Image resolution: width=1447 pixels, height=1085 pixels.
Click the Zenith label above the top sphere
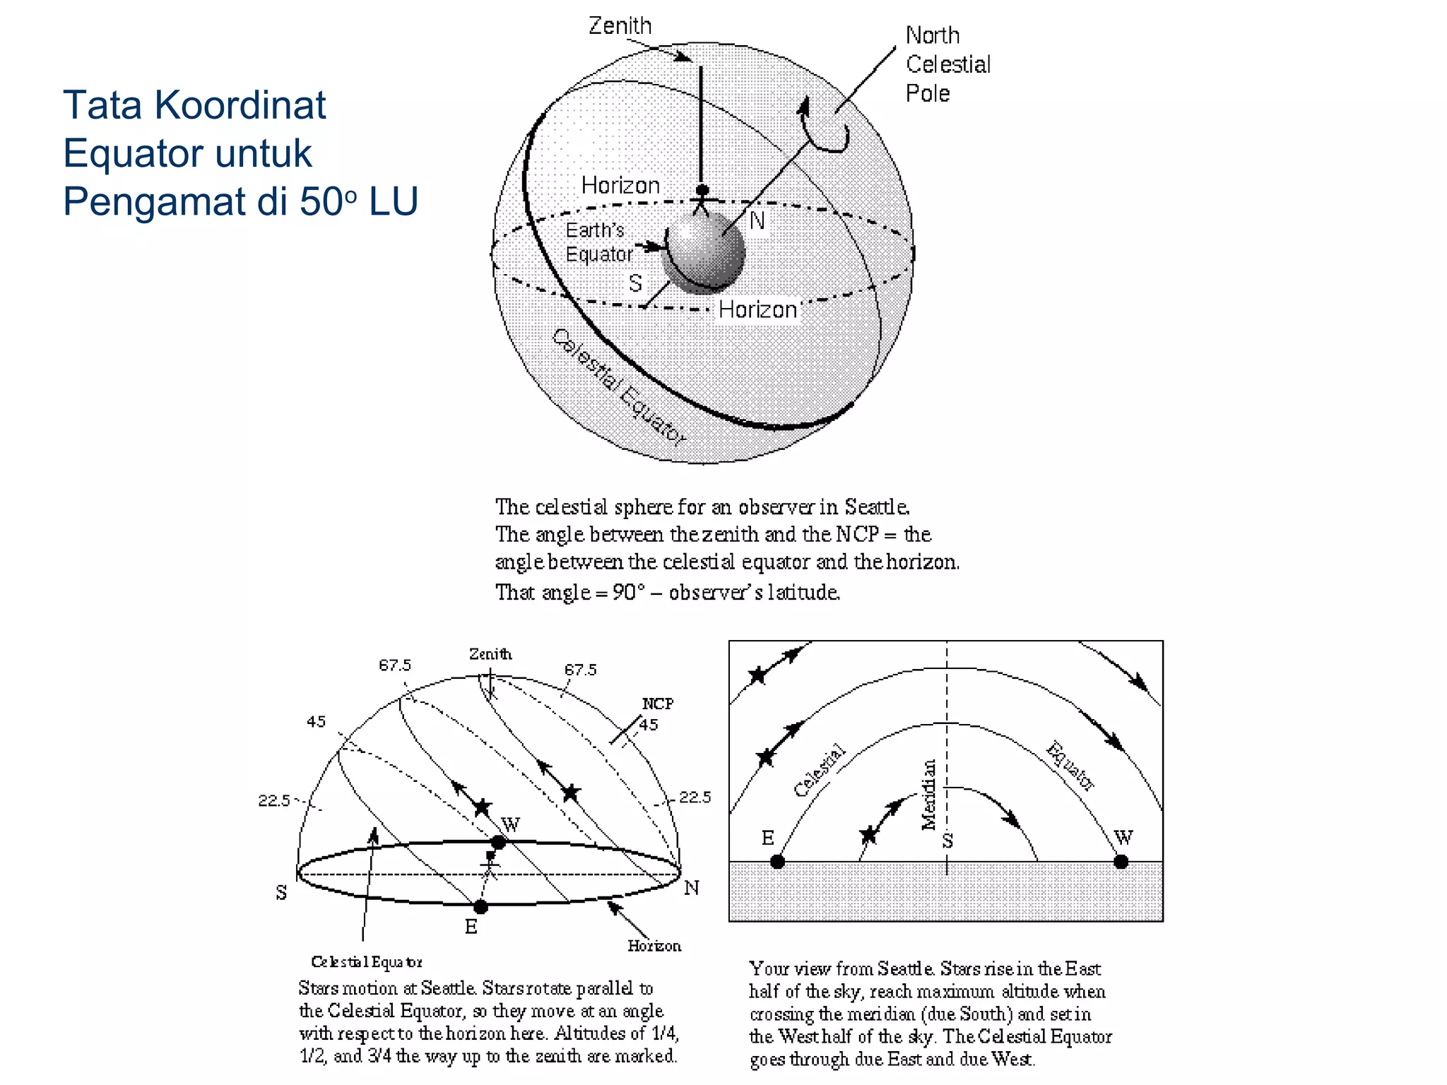(x=620, y=26)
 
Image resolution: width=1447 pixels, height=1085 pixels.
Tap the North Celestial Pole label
(x=947, y=64)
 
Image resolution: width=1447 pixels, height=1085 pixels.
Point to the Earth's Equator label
(x=598, y=242)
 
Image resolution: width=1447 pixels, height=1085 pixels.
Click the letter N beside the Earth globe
(x=757, y=221)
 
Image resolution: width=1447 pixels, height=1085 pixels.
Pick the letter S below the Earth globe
(x=635, y=283)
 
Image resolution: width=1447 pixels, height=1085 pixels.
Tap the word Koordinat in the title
(x=240, y=105)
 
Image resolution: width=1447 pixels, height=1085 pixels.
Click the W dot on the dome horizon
(x=498, y=842)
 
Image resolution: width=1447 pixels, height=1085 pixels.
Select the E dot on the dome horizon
(x=480, y=906)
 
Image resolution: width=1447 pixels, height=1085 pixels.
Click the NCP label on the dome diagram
(x=657, y=704)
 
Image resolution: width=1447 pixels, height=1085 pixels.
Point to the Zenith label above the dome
(x=490, y=654)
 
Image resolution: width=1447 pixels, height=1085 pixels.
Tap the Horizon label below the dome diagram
(x=654, y=946)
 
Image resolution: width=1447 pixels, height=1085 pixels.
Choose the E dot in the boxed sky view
(x=777, y=862)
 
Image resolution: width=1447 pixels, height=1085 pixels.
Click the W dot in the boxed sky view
(x=1121, y=862)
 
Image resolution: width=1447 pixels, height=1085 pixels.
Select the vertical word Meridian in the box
(x=929, y=794)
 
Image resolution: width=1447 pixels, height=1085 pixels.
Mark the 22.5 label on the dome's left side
(x=274, y=800)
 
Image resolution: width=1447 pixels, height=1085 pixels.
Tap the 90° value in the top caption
(x=629, y=592)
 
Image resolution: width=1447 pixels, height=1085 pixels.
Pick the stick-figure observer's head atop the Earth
(x=702, y=190)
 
